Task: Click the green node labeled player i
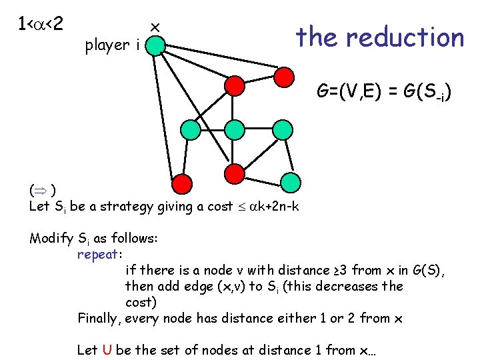155,45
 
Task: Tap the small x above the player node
155,27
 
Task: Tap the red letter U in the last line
107,350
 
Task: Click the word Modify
51,238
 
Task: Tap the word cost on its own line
139,302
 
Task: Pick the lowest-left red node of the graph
181,185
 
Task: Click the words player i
112,45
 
